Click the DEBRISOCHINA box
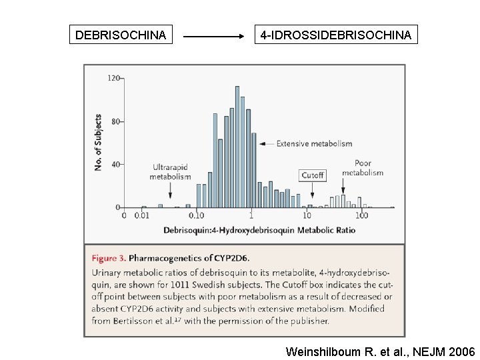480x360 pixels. [121, 34]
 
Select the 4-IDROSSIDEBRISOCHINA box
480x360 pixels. [336, 34]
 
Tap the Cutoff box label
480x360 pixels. [312, 175]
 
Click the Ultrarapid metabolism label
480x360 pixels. [170, 171]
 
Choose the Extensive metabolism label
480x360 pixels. [314, 143]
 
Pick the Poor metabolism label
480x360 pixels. [363, 167]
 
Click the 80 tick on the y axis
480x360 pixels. [115, 122]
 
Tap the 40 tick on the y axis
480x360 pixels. [115, 165]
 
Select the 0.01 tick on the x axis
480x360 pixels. [141, 216]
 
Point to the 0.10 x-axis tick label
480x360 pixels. [197, 216]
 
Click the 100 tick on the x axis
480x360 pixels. [361, 216]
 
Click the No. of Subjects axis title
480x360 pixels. [98, 142]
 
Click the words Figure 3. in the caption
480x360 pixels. [108, 258]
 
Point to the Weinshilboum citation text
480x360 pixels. [380, 351]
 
